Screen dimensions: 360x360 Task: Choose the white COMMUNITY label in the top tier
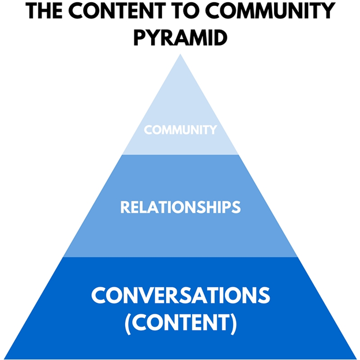coord(180,130)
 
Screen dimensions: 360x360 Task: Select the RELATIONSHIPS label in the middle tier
coord(180,207)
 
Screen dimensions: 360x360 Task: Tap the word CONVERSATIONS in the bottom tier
coord(180,295)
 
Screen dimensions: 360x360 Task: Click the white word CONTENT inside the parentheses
coord(181,323)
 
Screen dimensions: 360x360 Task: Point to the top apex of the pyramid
coord(181,55)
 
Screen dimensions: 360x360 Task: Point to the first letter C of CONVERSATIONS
coord(98,295)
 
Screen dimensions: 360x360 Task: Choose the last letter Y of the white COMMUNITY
coord(213,130)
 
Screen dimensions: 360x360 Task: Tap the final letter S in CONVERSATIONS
coord(263,295)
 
